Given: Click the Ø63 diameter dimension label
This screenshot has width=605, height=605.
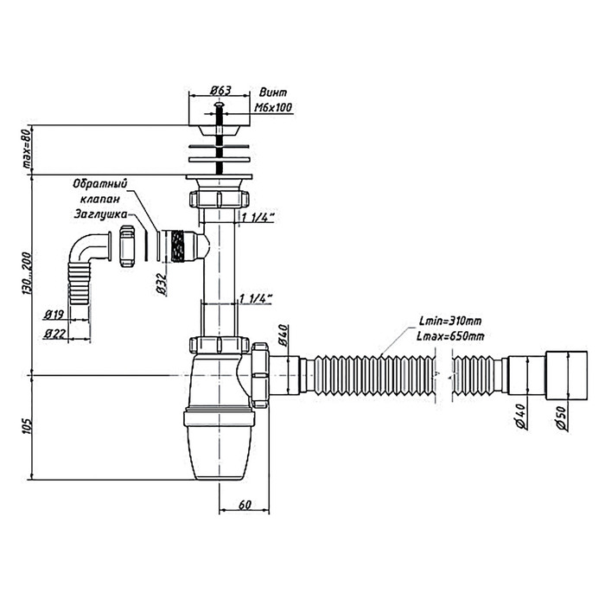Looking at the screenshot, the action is coord(220,90).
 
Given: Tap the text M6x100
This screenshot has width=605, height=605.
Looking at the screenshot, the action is coord(273,107).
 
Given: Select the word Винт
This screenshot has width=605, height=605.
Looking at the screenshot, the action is coord(273,92).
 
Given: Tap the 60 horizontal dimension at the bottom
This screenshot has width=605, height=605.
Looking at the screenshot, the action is coord(245,505).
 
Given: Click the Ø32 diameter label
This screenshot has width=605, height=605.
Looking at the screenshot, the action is coord(163,284).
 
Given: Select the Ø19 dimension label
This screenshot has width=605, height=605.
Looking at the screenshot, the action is coord(54,315).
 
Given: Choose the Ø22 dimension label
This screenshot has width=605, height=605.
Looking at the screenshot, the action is coord(54,333).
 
